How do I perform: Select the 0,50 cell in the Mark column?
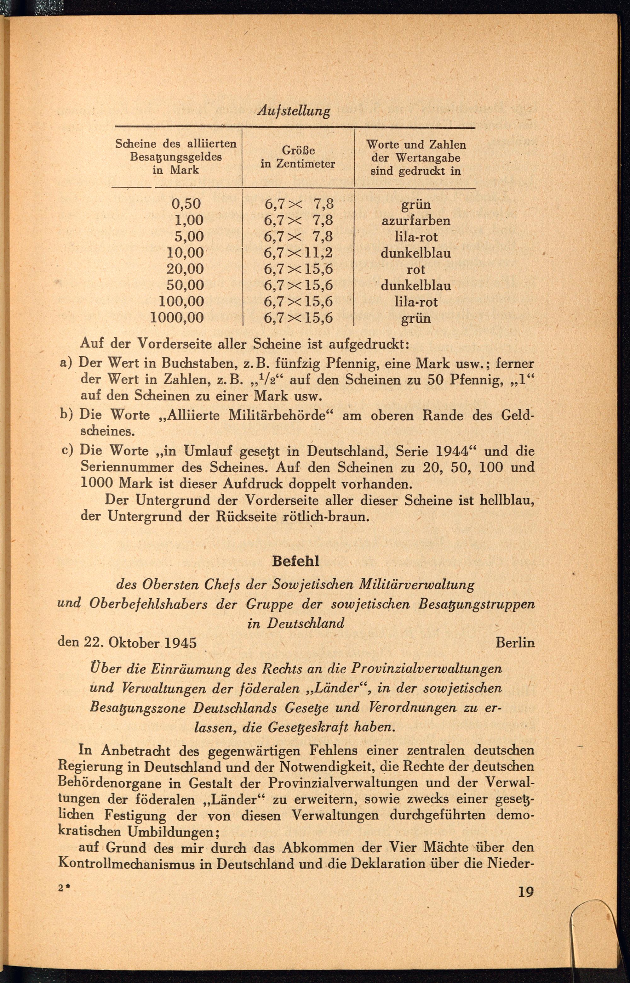(186, 204)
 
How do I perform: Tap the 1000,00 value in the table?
(177, 318)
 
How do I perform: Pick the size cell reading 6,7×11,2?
(298, 253)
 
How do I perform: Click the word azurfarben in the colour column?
(415, 221)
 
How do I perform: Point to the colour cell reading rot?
(415, 269)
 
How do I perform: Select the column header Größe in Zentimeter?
(298, 157)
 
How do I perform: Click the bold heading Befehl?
(295, 561)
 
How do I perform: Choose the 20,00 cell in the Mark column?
(185, 269)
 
